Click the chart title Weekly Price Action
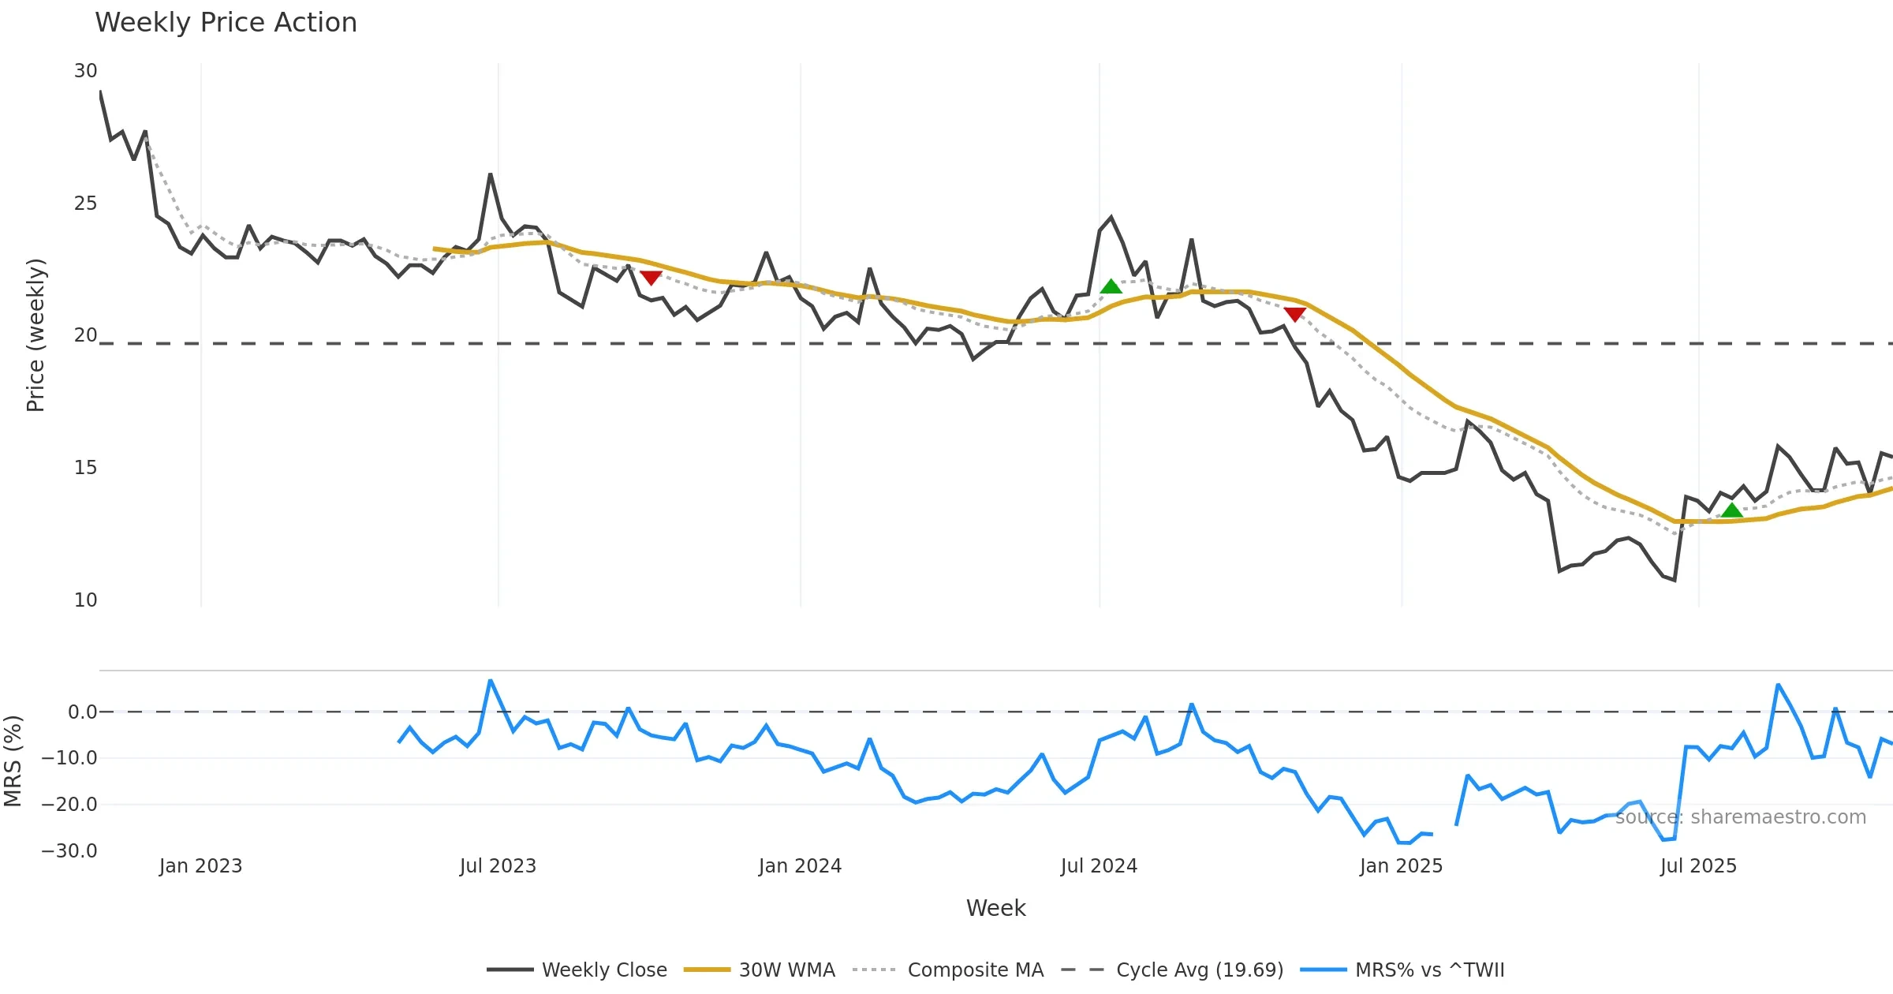click(x=226, y=23)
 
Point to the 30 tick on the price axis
click(x=85, y=71)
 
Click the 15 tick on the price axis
click(x=85, y=468)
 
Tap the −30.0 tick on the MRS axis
click(x=69, y=851)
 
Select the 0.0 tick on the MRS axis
click(x=82, y=712)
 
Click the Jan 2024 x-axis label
click(x=800, y=866)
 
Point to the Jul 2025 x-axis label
click(x=1698, y=866)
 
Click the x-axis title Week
click(x=995, y=909)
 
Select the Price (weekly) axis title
click(x=35, y=335)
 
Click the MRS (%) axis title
click(x=13, y=761)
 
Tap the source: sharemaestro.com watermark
click(x=1740, y=817)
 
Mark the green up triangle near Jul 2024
click(x=1111, y=286)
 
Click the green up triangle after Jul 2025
click(x=1731, y=510)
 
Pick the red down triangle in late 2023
click(x=651, y=278)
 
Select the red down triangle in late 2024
click(x=1294, y=314)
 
